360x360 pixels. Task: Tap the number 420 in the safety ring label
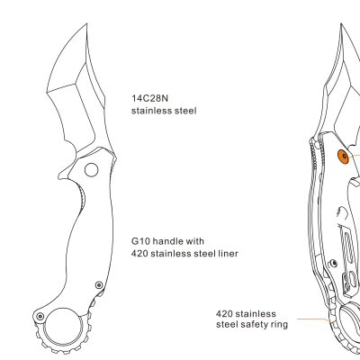point(224,314)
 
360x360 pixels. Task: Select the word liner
point(227,254)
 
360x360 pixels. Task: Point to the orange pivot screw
point(344,157)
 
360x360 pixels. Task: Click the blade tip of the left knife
point(86,23)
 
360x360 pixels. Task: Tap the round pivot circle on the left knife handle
point(91,170)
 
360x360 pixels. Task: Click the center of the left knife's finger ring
point(63,327)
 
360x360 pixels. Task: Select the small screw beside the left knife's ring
point(40,316)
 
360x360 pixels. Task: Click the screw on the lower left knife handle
point(99,284)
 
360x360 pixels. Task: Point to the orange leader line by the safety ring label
point(312,319)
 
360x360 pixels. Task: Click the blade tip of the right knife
point(341,25)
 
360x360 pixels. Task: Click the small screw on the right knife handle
point(334,264)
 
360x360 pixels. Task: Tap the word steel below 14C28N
point(185,111)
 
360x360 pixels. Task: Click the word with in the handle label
point(197,241)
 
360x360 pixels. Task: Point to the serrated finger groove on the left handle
point(82,200)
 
